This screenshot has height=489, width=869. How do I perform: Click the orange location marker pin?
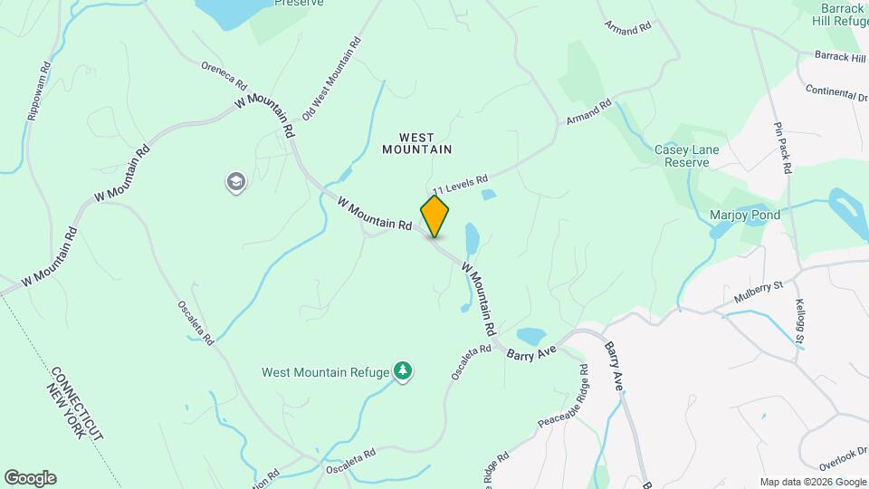[x=435, y=216]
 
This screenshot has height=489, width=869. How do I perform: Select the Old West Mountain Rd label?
[x=332, y=80]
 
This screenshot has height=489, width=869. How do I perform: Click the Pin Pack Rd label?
[x=783, y=147]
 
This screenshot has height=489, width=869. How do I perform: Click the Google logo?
[x=30, y=478]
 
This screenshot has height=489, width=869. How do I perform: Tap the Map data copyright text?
[x=812, y=482]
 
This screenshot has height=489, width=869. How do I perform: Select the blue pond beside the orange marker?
[x=472, y=240]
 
